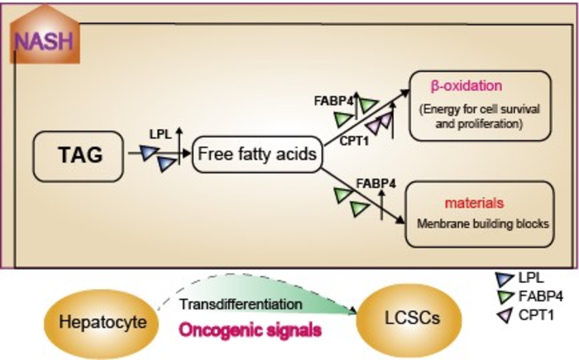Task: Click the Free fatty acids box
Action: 256,155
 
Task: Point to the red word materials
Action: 469,202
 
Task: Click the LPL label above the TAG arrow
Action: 160,132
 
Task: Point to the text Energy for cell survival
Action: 479,110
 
